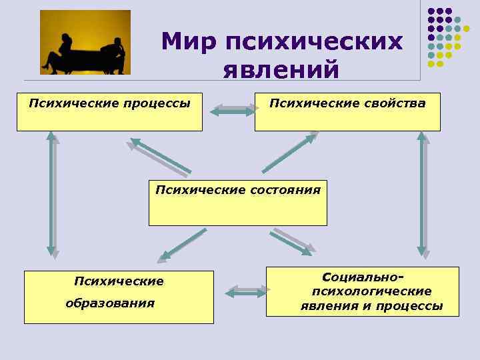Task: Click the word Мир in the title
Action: point(190,42)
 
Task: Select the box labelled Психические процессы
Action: point(109,112)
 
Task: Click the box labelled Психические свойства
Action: point(347,112)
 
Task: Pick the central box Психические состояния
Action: point(238,202)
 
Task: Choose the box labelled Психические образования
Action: point(119,297)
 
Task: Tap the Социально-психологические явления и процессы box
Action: point(363,291)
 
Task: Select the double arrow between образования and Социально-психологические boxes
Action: point(247,291)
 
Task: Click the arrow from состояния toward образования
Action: point(182,245)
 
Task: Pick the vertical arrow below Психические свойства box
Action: point(422,193)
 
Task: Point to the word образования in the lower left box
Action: point(110,303)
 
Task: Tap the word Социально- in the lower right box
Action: point(363,277)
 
